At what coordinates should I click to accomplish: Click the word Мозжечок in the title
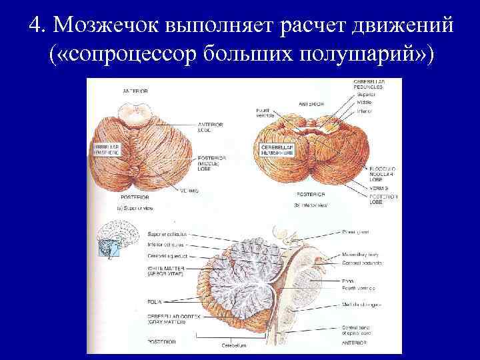click(107, 26)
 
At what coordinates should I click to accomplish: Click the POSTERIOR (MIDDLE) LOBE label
click(212, 164)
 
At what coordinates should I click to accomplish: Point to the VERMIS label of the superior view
click(189, 190)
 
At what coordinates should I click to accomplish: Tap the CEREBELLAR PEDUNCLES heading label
click(369, 85)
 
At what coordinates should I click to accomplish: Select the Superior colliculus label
click(166, 234)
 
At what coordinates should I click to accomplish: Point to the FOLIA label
click(155, 301)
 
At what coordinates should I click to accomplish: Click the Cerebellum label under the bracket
click(233, 345)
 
